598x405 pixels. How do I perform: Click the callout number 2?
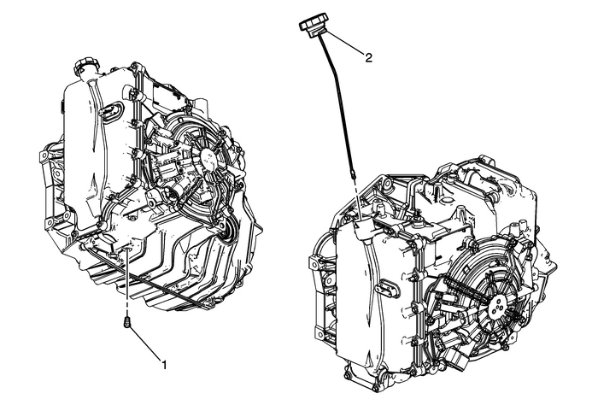pos(368,58)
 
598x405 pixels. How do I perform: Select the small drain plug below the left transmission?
pos(127,324)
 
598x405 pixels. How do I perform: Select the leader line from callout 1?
pos(145,342)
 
